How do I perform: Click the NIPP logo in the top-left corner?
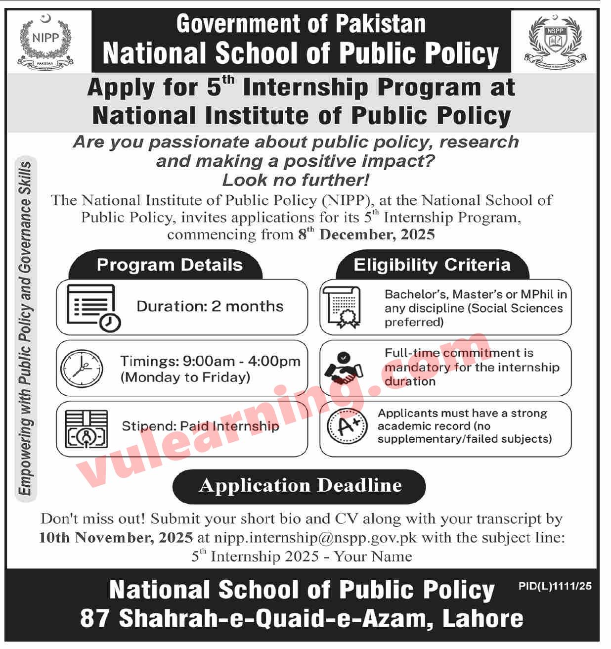point(45,41)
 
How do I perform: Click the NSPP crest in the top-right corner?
point(555,41)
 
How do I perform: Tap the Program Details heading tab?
point(170,265)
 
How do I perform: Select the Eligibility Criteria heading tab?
point(432,265)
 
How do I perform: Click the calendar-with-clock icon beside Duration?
point(93,307)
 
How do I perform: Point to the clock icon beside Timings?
point(82,369)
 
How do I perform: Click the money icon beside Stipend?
point(86,429)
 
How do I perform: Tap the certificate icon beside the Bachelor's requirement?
point(342,307)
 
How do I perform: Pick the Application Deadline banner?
point(300,486)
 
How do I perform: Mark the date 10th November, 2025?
point(116,538)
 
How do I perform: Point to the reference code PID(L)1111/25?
point(555,586)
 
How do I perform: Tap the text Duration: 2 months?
point(210,307)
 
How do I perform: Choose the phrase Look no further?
point(296,180)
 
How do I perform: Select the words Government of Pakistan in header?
point(301,24)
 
